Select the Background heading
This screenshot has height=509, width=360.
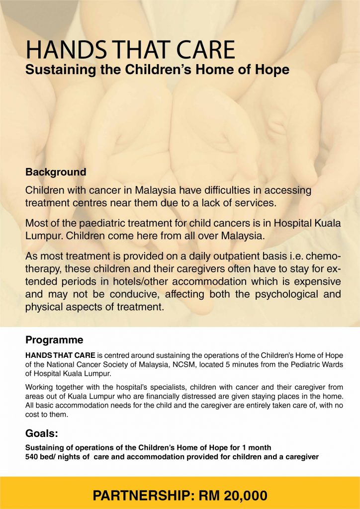point(56,172)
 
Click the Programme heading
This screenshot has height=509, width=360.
point(54,340)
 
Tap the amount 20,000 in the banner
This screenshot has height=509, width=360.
point(239,495)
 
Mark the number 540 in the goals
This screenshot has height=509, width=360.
point(32,456)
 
